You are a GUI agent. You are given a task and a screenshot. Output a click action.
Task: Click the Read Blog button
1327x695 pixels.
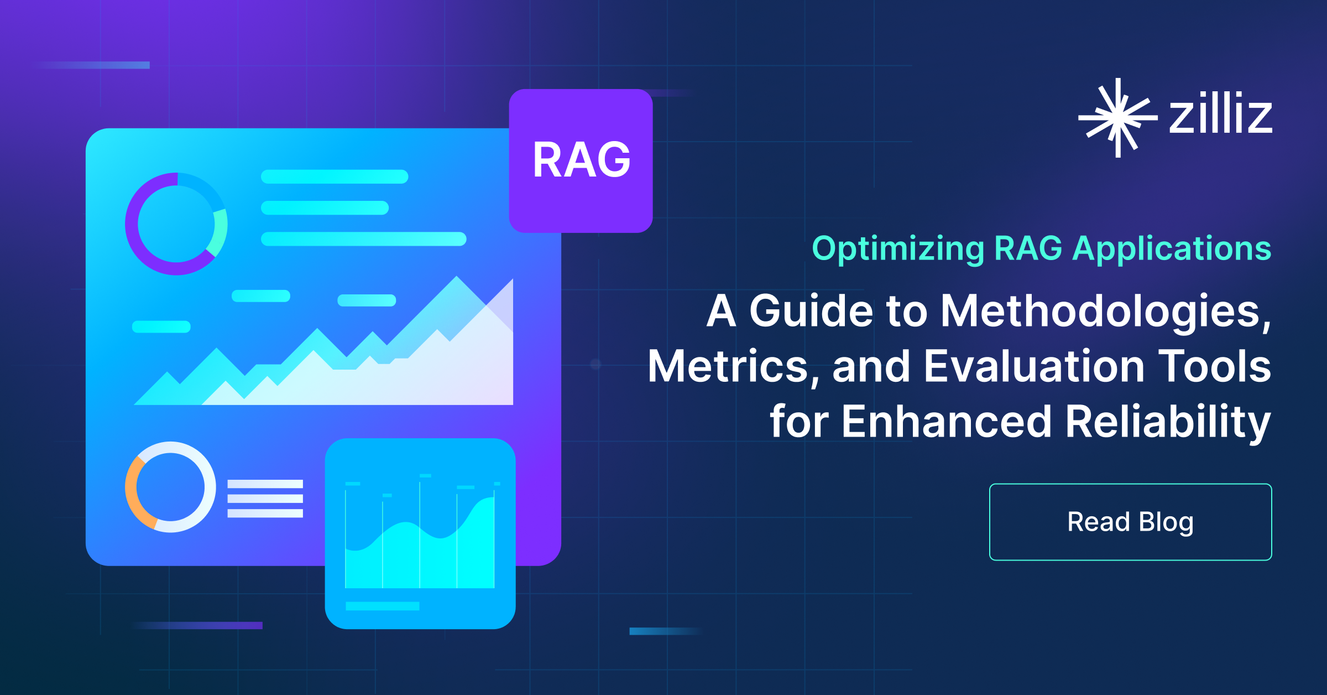[x=1130, y=522]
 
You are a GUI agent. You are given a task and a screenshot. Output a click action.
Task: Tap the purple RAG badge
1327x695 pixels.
[x=581, y=160]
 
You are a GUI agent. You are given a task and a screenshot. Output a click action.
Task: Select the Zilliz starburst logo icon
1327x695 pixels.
[x=1118, y=117]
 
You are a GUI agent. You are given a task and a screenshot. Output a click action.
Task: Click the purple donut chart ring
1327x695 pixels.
[x=131, y=224]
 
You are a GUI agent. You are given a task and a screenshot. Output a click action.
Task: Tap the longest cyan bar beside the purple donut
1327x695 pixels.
[x=364, y=239]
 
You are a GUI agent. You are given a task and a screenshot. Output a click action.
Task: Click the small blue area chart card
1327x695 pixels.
[x=420, y=533]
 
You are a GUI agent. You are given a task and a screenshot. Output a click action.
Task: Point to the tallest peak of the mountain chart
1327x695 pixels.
[x=457, y=276]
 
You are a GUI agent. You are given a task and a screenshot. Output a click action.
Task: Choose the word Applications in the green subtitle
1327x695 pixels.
[x=1172, y=249]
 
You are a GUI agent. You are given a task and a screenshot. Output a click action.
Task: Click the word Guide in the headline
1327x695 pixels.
[x=811, y=311]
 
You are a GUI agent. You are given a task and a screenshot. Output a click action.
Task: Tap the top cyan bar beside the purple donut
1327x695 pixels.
[x=335, y=177]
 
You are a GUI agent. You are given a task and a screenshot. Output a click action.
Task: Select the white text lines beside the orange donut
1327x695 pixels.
[x=265, y=499]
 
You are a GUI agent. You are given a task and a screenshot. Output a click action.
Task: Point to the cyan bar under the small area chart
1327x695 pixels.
[x=383, y=606]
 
